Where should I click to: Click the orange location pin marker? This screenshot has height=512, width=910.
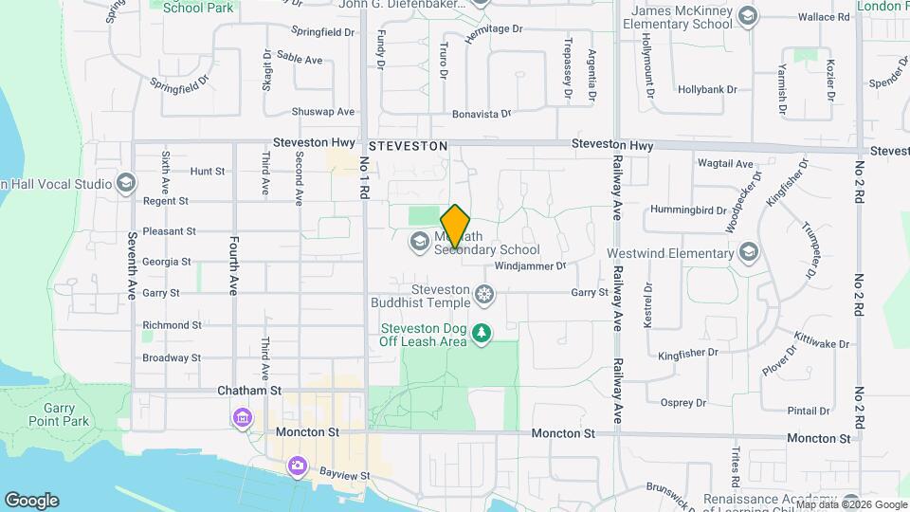click(456, 226)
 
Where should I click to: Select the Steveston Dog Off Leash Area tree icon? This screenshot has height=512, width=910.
click(482, 333)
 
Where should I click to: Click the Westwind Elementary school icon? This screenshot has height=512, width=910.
click(750, 252)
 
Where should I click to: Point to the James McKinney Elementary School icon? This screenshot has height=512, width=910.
click(748, 16)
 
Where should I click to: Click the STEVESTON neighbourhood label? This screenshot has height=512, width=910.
click(408, 146)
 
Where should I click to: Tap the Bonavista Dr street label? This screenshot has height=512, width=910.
click(482, 113)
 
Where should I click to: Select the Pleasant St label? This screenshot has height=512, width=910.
click(169, 230)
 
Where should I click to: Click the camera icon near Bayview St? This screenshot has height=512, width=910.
click(298, 466)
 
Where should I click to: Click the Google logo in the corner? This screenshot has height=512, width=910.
click(31, 500)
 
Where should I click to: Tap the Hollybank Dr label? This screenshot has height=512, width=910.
click(707, 90)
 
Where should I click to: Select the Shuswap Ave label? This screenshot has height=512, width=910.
click(322, 111)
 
